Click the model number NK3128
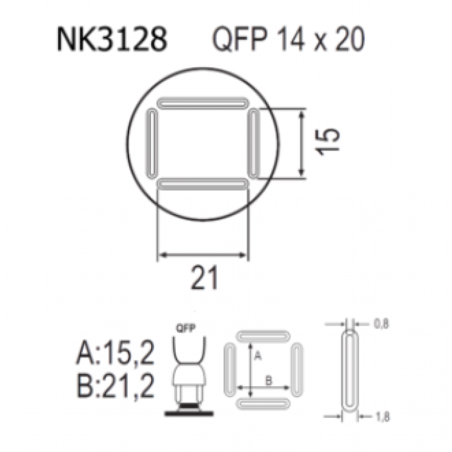coord(112,39)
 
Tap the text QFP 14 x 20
coord(289,39)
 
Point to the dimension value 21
coord(204,277)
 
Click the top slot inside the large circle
coord(203,103)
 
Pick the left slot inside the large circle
coord(152,143)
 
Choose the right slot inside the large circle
coord(254,143)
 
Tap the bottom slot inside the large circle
coord(203,184)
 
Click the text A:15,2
coord(116,353)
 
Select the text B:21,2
coord(116,385)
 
